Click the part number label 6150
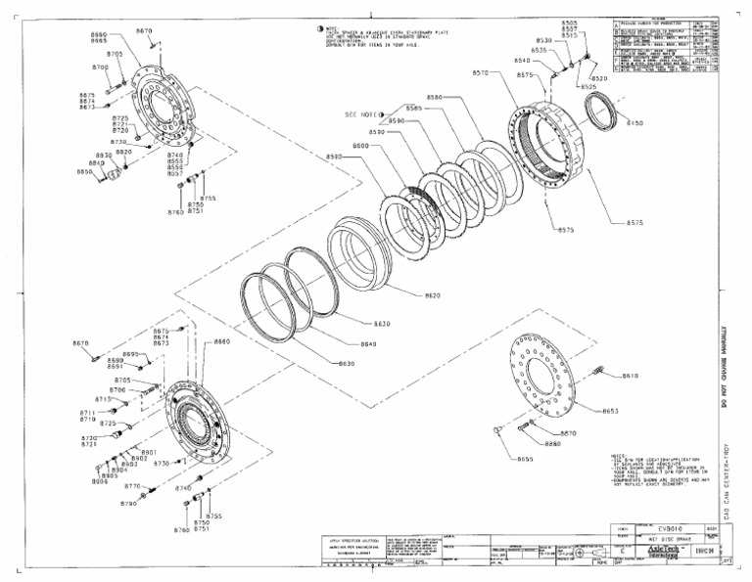tap(635, 124)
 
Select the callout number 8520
tap(599, 78)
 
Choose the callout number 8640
tap(368, 343)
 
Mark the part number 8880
tap(553, 443)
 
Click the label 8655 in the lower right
tap(526, 458)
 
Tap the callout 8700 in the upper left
tap(100, 67)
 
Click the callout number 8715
tap(103, 399)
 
